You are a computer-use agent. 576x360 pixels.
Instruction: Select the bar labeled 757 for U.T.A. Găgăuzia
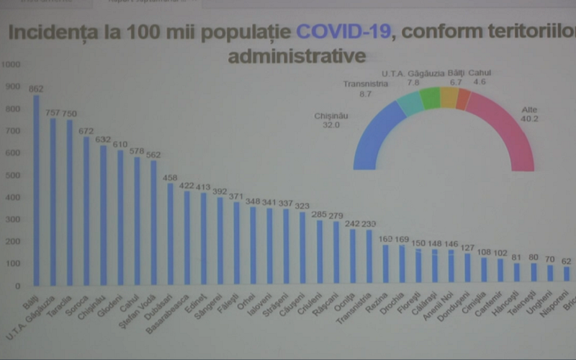pos(53,201)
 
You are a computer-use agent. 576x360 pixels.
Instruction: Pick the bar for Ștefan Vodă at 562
pos(153,222)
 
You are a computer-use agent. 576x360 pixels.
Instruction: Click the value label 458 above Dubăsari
pos(170,177)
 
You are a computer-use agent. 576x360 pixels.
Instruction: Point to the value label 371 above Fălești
pos(236,196)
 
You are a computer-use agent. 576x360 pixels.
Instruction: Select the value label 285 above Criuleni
pos(319,214)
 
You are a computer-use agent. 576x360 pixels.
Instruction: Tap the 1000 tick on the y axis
pos(12,64)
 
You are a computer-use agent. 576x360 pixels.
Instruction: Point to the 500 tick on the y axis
pos(12,175)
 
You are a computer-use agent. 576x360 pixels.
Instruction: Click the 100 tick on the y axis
pos(12,264)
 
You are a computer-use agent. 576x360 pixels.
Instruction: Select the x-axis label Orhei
pos(246,301)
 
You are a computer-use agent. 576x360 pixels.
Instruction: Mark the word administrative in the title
pos(297,55)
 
